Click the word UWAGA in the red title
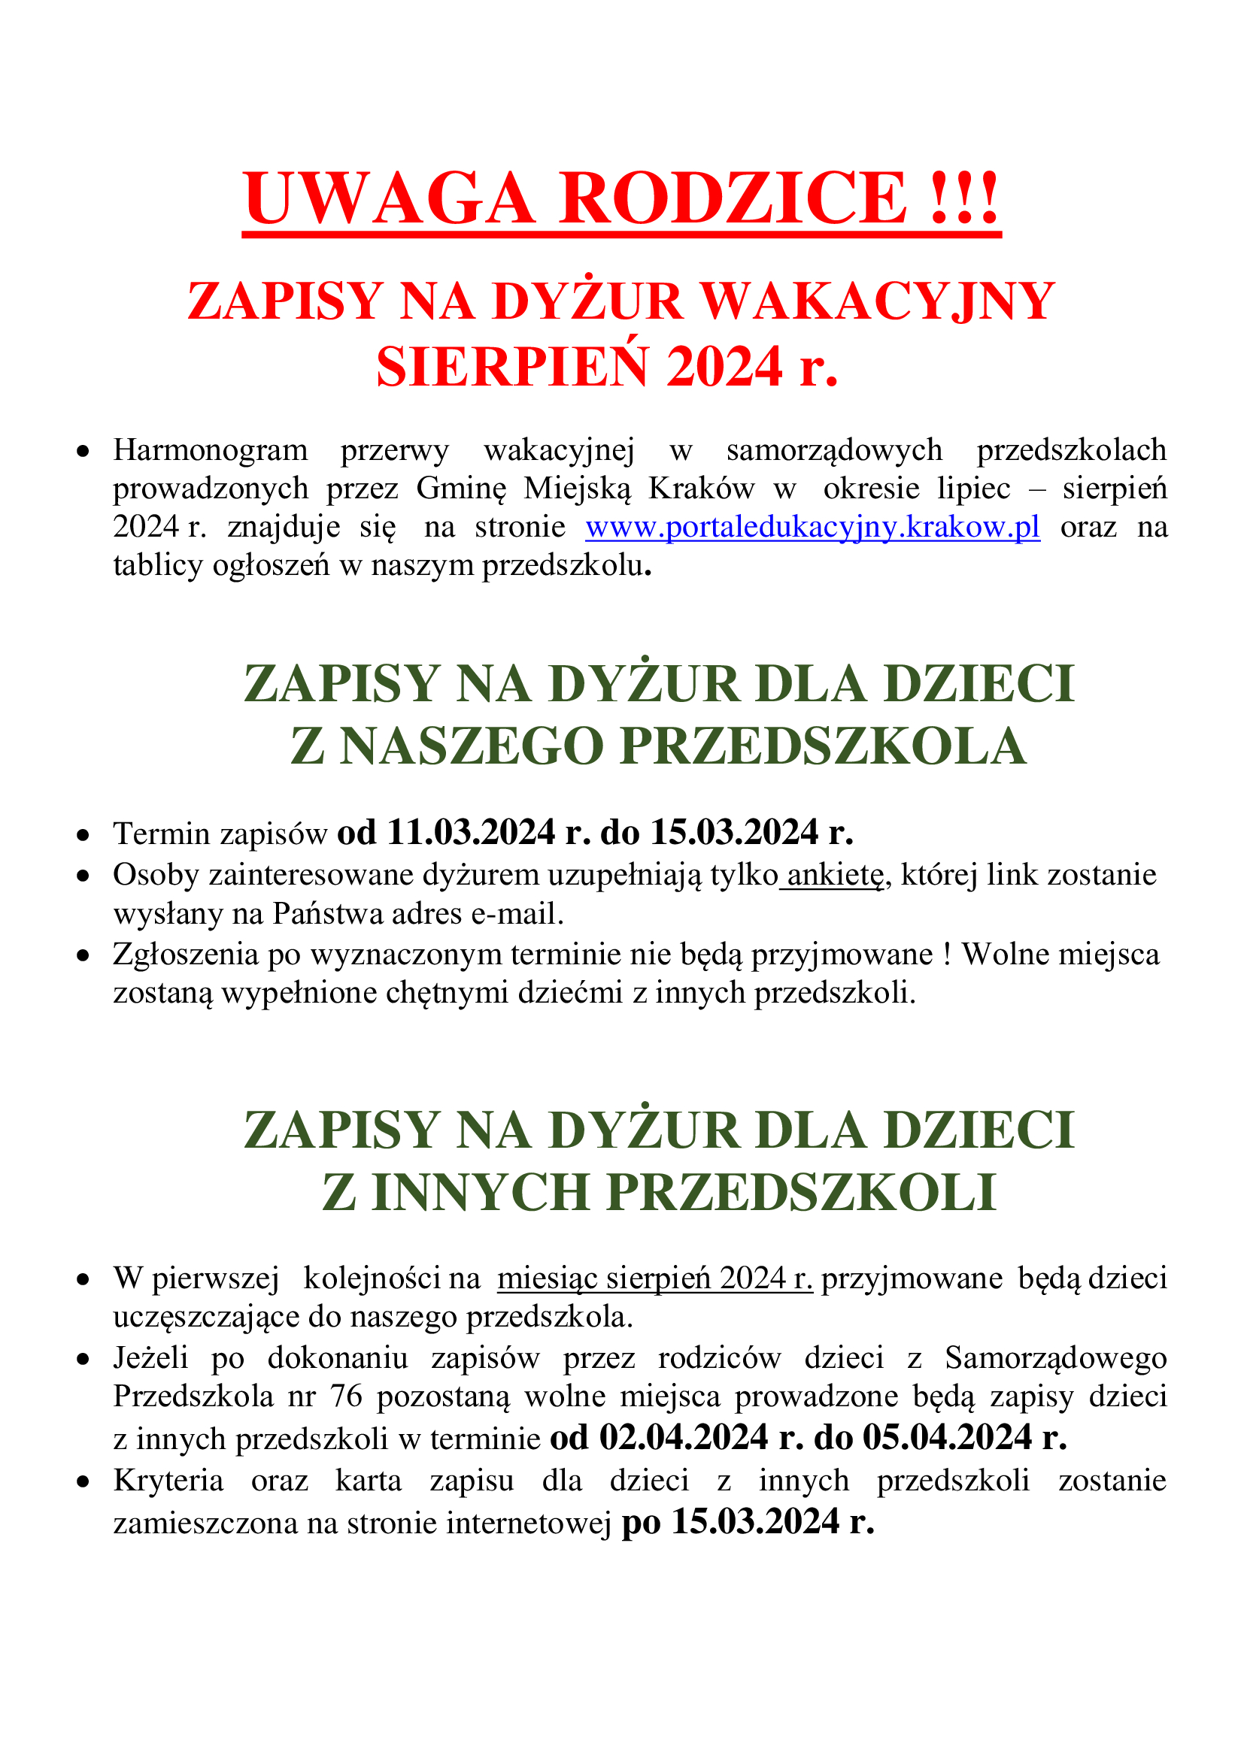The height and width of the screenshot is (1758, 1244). tap(389, 198)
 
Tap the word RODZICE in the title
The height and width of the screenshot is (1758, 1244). tap(734, 198)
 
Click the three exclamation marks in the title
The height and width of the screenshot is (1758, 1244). tap(964, 198)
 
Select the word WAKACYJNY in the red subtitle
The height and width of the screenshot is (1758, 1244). tap(878, 301)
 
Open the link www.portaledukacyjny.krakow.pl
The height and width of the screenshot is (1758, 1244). tap(813, 527)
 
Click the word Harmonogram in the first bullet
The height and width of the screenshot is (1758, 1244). tap(211, 450)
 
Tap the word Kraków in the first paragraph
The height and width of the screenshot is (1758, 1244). tap(702, 489)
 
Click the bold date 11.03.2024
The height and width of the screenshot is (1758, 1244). tap(470, 832)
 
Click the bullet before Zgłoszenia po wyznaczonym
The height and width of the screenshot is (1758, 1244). tap(83, 955)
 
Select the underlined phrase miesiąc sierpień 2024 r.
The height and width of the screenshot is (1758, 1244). tap(655, 1279)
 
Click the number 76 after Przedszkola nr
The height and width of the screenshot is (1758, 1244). tap(345, 1396)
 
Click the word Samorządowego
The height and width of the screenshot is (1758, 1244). tap(1055, 1357)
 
